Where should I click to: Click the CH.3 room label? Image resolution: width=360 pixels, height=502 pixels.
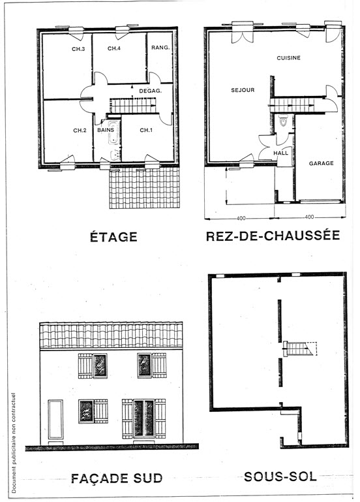[x=78, y=50]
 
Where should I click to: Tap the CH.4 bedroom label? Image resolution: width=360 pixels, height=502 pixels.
[x=114, y=49]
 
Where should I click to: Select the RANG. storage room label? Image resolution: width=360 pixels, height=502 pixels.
[x=160, y=48]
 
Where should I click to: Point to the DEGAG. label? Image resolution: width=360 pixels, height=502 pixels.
[x=150, y=91]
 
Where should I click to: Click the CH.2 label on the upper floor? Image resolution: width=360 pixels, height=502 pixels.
[x=80, y=131]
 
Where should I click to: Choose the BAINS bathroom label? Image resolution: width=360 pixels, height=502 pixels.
[x=106, y=130]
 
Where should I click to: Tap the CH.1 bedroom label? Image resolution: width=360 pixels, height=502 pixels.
[x=146, y=131]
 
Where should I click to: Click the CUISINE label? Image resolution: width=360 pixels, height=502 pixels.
[x=288, y=58]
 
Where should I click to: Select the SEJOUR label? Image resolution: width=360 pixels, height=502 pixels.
[x=243, y=90]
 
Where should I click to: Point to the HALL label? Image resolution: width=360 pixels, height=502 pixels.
[x=280, y=153]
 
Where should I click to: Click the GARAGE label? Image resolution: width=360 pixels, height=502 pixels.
[x=321, y=163]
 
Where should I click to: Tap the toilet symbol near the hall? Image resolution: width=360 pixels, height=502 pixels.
[x=283, y=121]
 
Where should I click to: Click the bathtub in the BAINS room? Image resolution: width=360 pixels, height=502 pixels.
[x=113, y=133]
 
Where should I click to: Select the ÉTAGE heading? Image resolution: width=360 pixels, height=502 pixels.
[x=113, y=236]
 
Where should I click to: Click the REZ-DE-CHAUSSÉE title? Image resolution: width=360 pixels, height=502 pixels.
[x=273, y=235]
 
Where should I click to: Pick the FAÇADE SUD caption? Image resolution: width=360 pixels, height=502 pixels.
[x=117, y=478]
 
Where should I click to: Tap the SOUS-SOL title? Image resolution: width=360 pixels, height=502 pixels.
[x=280, y=477]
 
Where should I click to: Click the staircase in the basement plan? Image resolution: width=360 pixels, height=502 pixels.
[x=298, y=349]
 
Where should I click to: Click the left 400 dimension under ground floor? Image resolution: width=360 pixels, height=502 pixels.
[x=241, y=218]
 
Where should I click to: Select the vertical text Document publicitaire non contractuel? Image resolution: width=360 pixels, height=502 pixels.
[x=14, y=443]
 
